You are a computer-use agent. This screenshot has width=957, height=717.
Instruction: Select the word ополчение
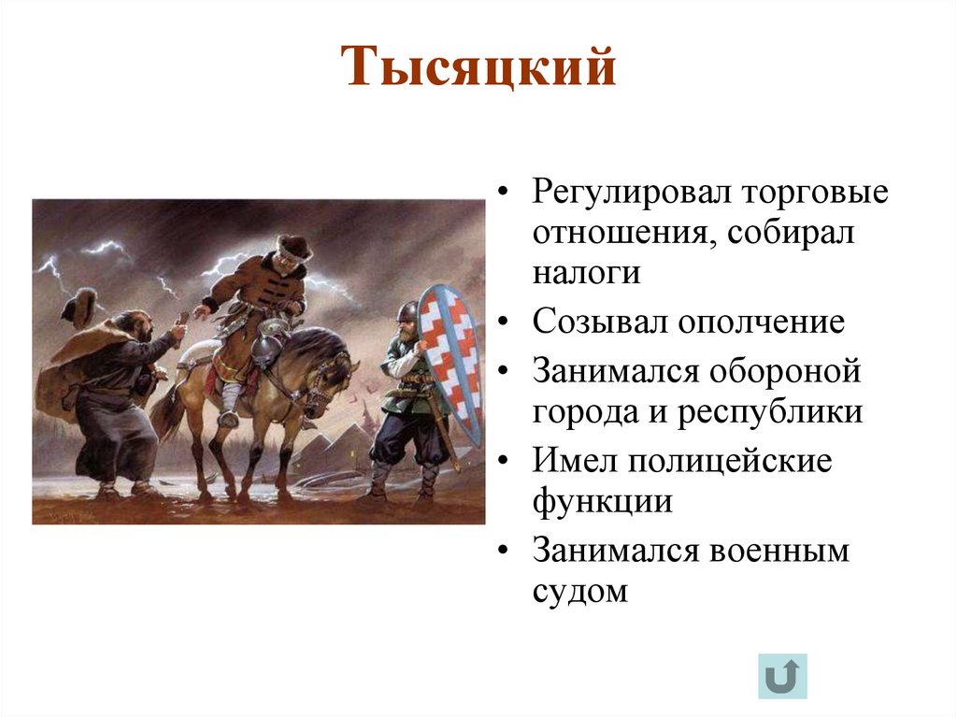click(x=762, y=323)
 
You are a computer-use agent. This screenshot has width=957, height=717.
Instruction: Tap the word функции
click(x=603, y=502)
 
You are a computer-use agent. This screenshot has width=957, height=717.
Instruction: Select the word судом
click(x=580, y=592)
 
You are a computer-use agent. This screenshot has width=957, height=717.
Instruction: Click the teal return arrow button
click(x=783, y=676)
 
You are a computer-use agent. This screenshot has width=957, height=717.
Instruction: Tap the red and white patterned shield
click(x=450, y=360)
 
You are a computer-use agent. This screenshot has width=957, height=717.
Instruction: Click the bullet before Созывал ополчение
click(x=505, y=323)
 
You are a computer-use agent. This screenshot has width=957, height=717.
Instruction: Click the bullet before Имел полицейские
click(x=505, y=462)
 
